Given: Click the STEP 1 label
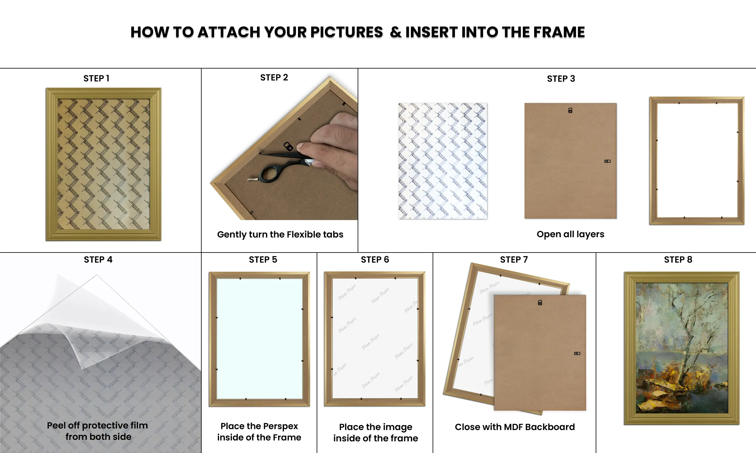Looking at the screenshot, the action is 96,78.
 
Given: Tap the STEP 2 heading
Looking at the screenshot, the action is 274,77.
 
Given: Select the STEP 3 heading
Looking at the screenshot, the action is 561,79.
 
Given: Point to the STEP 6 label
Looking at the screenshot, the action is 375,260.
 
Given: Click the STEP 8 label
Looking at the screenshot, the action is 678,260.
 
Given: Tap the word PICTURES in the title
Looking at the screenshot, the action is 347,32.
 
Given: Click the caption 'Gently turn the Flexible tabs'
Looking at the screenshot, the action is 280,234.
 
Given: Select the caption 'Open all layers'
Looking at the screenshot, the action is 570,234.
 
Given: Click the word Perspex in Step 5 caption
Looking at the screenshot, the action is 281,426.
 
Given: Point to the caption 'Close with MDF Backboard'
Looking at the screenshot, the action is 515,427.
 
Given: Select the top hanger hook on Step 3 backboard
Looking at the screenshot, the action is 570,110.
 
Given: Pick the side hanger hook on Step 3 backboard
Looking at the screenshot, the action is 607,161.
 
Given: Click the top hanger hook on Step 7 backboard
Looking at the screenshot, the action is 540,303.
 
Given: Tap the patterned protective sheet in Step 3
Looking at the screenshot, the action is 443,161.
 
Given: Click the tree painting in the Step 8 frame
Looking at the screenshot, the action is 682,348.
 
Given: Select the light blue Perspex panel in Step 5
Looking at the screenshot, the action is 259,339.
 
